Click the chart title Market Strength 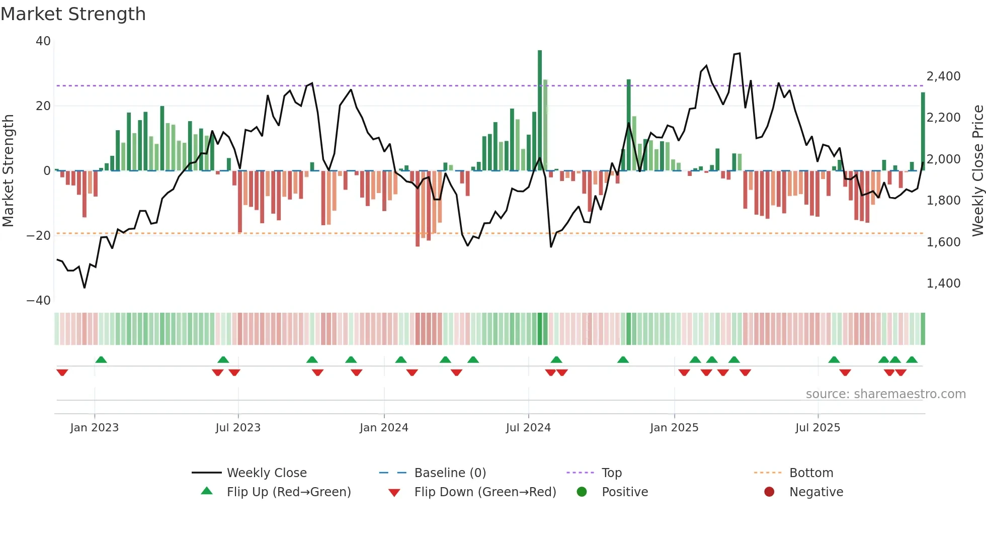coord(73,14)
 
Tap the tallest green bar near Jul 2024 coord(540,111)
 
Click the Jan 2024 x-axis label coord(384,428)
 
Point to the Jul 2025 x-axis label coord(817,428)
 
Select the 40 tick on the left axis coord(43,41)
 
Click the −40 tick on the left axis coord(39,301)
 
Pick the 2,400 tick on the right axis coord(943,76)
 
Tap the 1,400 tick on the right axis coord(943,284)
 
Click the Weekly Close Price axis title coord(977,171)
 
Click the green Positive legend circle coord(582,492)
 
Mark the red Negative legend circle coord(769,492)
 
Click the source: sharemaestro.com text coord(885,394)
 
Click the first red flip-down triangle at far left coord(62,373)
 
